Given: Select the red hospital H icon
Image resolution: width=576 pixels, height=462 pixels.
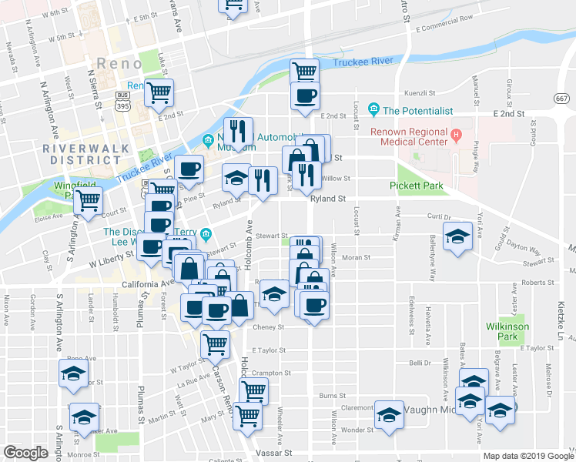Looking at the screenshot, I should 456,136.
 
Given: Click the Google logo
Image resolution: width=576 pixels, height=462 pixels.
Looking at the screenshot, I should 25,452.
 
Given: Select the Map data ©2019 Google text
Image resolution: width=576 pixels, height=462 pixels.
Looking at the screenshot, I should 528,456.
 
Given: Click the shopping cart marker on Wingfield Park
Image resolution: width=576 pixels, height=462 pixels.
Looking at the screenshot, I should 90,200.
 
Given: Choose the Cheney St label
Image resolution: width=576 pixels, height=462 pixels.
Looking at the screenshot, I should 269,326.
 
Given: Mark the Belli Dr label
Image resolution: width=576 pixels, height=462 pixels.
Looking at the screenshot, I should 419,361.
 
